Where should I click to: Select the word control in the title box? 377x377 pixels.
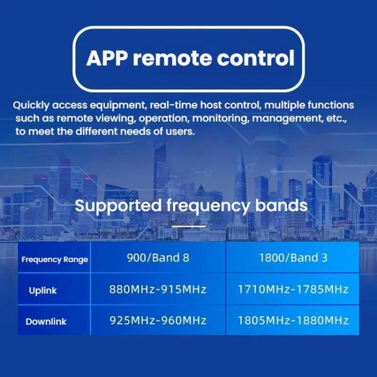(x=258, y=58)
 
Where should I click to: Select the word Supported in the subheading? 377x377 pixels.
(x=113, y=205)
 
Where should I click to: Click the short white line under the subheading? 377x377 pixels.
(x=188, y=226)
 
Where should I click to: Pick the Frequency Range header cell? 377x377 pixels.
(x=55, y=260)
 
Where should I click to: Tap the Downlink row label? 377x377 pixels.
(x=46, y=322)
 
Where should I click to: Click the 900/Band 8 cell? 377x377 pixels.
(x=158, y=258)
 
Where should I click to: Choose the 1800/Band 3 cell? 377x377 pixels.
(x=293, y=258)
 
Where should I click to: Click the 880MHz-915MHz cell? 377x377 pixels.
(x=158, y=290)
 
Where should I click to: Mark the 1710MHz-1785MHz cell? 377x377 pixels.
(x=293, y=290)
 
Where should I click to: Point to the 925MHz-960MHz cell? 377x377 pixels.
(x=158, y=321)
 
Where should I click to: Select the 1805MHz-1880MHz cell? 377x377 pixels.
(x=293, y=321)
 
